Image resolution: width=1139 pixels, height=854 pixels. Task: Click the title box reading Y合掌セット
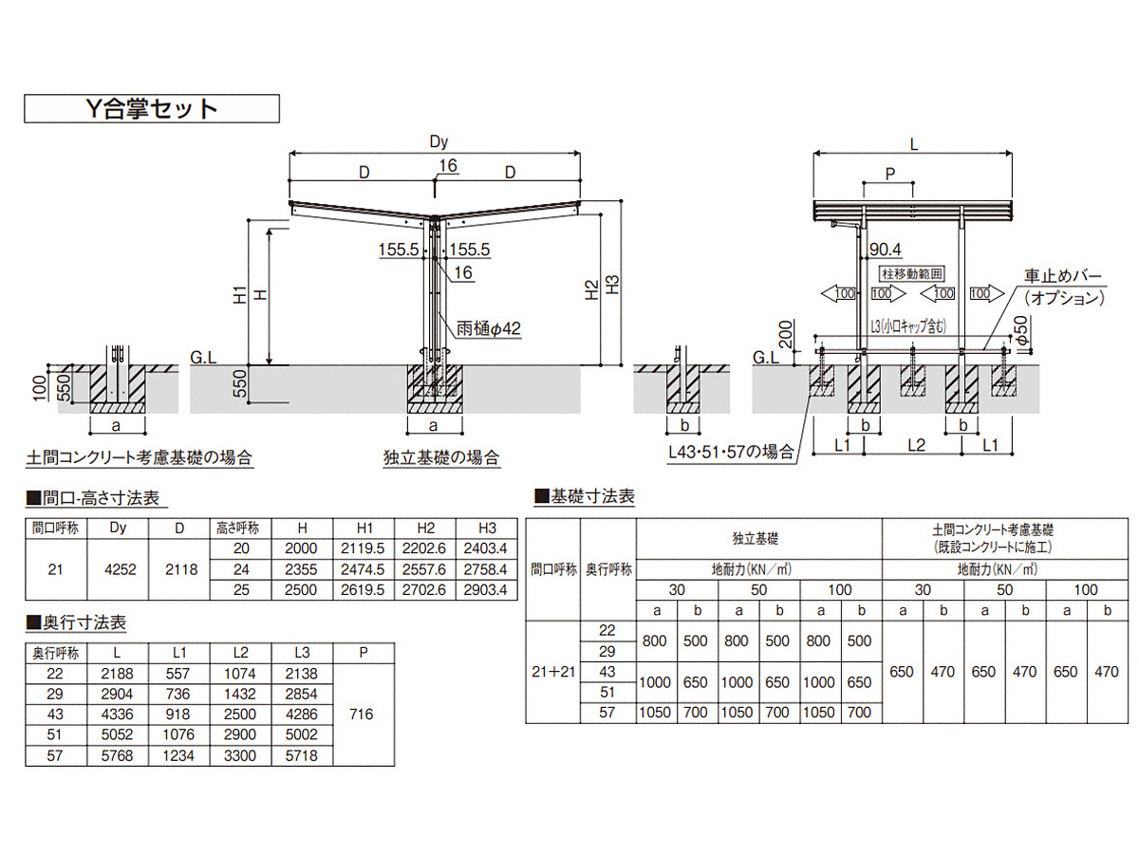[x=152, y=108]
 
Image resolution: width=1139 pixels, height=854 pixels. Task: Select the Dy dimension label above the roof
[x=439, y=141]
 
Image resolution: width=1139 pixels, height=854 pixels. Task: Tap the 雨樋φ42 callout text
[x=488, y=328]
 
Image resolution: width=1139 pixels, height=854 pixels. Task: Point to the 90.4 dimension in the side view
[x=886, y=250]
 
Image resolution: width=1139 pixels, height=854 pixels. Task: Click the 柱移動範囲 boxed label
[x=912, y=274]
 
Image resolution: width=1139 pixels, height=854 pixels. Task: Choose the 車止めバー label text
[x=1063, y=276]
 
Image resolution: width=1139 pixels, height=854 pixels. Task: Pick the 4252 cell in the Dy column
[x=120, y=569]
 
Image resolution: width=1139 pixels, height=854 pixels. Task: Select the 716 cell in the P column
[x=362, y=715]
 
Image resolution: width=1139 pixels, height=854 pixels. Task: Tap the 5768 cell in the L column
[x=118, y=755]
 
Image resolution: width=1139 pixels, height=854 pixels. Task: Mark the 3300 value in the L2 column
[x=240, y=755]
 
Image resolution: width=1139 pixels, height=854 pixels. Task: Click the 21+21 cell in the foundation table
[x=553, y=672]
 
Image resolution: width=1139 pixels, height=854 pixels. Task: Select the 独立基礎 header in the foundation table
[x=756, y=539]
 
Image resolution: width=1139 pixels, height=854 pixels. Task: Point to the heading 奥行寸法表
[x=76, y=622]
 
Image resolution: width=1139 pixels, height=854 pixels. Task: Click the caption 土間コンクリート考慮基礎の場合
[x=140, y=458]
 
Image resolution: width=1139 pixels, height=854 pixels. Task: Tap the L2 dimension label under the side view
[x=917, y=445]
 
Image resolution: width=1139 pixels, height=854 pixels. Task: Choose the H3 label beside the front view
[x=613, y=285]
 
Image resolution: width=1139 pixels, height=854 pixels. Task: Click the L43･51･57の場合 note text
[x=731, y=453]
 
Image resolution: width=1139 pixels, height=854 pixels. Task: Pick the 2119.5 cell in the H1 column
[x=363, y=548]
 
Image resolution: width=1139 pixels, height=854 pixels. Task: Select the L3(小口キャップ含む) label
[x=908, y=325]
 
